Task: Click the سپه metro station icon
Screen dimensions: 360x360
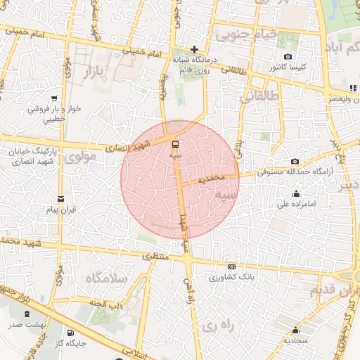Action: pyautogui.click(x=175, y=143)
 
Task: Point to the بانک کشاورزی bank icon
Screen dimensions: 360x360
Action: pyautogui.click(x=231, y=266)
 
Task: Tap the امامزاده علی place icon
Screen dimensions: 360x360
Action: pyautogui.click(x=296, y=194)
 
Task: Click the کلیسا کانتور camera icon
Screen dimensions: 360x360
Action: pyautogui.click(x=287, y=56)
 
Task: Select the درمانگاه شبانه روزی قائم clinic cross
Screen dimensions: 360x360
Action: pyautogui.click(x=195, y=49)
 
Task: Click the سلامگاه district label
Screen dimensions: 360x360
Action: pyautogui.click(x=106, y=278)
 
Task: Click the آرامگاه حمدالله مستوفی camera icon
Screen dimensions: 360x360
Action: pyautogui.click(x=294, y=161)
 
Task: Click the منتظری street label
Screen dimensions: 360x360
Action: pyautogui.click(x=157, y=257)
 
